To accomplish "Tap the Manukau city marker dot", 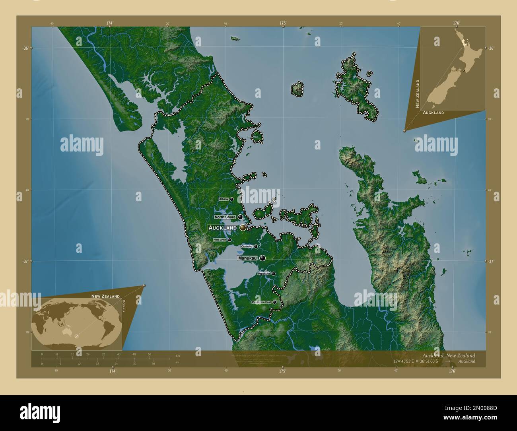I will tap(262, 258).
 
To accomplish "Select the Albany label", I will tap(224, 199).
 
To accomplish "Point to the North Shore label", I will tap(225, 217).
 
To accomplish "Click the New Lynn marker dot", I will tap(229, 240).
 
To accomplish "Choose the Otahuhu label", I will tap(247, 247).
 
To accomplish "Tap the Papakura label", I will tap(264, 274).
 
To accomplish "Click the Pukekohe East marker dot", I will tap(274, 302).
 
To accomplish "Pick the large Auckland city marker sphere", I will tap(243, 227).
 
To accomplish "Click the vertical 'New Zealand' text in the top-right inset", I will tap(418, 93).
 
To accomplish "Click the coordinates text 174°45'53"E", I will tap(403, 361).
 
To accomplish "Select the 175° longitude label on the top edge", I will tap(283, 23).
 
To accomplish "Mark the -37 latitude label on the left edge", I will tap(24, 261).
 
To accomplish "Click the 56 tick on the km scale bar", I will tap(149, 354).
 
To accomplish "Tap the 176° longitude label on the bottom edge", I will tap(452, 371).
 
